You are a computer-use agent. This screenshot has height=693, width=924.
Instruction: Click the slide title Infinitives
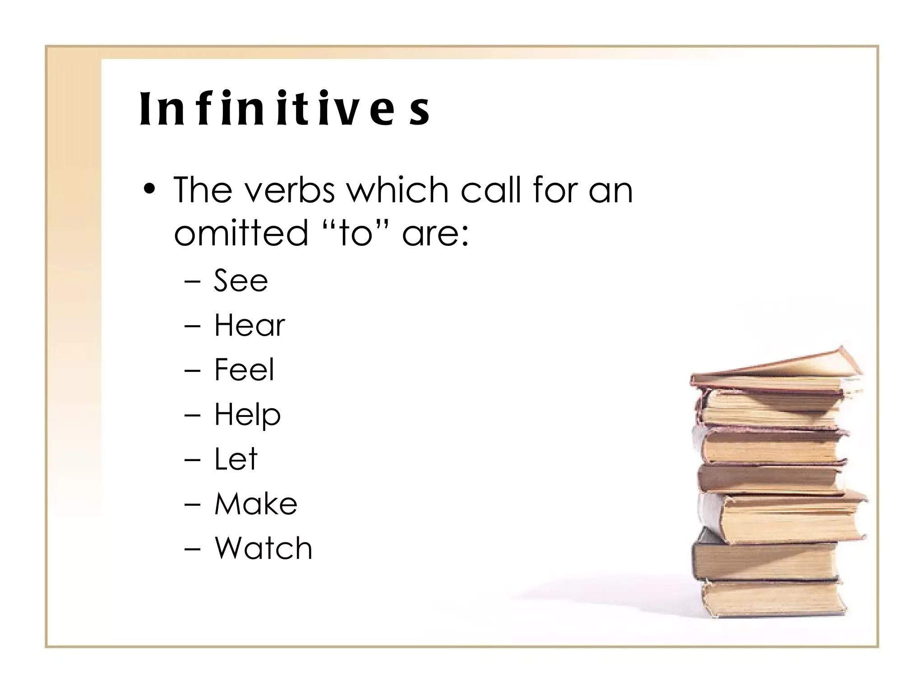[x=284, y=109]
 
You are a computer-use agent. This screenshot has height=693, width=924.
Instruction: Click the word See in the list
[x=240, y=281]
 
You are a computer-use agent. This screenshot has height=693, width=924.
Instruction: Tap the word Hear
[x=249, y=325]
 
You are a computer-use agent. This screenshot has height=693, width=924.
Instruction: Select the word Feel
[x=244, y=370]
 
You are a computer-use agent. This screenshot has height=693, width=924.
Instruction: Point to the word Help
[x=247, y=415]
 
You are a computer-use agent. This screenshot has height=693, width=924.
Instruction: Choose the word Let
[x=236, y=459]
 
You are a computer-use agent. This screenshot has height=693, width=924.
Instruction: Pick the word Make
[x=256, y=504]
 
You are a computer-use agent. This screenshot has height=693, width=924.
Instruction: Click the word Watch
[x=263, y=548]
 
